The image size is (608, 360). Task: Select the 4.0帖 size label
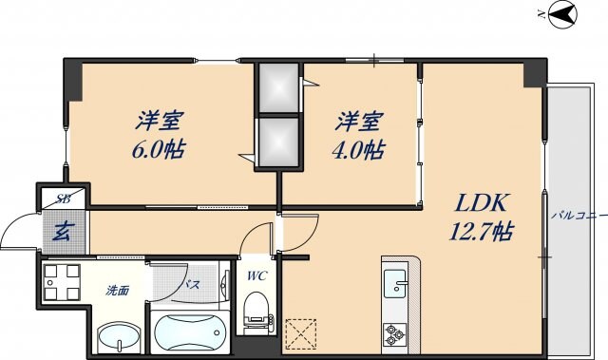pos(359,149)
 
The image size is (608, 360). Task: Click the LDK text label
pos(485,202)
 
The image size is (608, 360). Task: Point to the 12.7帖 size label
pos(484,230)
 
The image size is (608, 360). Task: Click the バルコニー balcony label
pos(578,217)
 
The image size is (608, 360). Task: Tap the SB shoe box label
pos(63,199)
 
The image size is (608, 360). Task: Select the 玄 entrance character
pos(62,229)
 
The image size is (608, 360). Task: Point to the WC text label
pos(256,276)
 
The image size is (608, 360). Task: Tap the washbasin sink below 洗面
pos(119,336)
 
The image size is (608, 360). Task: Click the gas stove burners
pos(394,333)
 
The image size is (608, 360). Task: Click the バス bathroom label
pos(190,284)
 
